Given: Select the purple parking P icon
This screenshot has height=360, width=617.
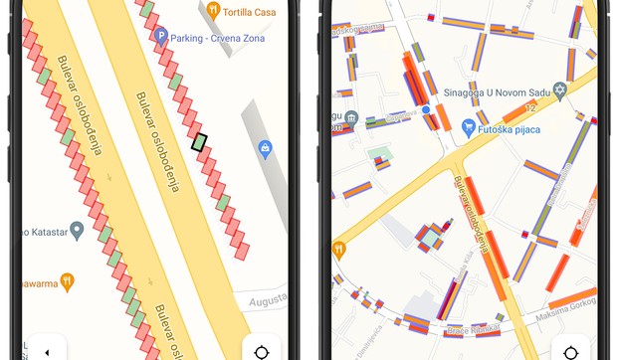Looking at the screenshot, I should point(161,36).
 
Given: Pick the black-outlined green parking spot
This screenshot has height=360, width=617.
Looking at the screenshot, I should point(200,142).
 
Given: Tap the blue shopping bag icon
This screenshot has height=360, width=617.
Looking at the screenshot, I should point(265,149).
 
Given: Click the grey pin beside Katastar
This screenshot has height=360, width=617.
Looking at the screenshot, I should point(77,231).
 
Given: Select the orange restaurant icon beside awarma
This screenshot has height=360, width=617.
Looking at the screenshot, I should point(67,281).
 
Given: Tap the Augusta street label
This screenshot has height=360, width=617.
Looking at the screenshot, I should point(266,297).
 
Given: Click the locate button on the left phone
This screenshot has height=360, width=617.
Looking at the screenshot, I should point(263,351).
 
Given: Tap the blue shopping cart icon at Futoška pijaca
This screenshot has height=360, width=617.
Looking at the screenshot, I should point(468,126).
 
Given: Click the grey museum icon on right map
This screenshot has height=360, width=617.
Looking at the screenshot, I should point(352,120).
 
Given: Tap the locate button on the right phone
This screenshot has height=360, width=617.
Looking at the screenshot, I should point(571,351).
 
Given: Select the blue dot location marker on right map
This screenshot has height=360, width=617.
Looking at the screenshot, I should point(425,108).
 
